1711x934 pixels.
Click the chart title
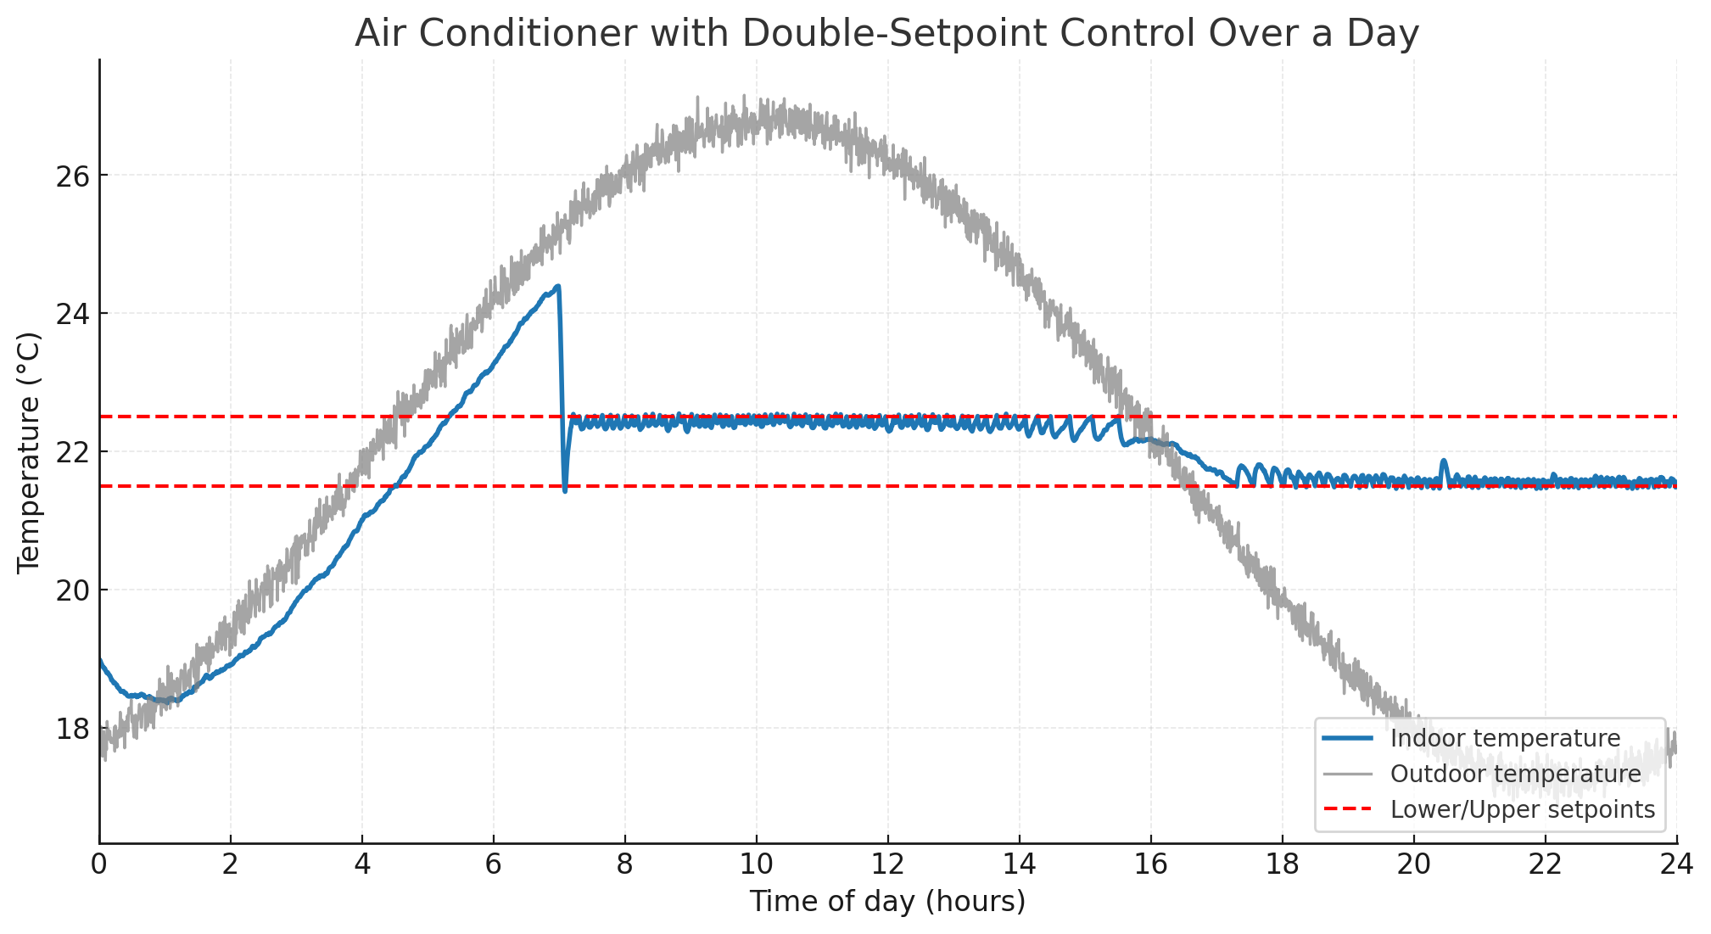point(886,34)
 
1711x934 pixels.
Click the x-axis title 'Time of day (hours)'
point(886,902)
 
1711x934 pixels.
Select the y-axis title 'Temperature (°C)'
point(29,452)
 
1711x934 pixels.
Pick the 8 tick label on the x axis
point(625,865)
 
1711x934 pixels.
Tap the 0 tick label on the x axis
point(100,865)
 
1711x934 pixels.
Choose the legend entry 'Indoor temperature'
point(1505,738)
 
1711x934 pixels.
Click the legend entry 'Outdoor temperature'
point(1515,774)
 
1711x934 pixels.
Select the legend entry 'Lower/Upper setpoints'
point(1522,809)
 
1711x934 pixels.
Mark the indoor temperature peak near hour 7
point(557,287)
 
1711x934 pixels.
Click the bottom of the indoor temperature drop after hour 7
point(565,490)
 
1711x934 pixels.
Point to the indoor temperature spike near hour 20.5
point(1444,461)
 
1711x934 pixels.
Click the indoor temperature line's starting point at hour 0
point(101,660)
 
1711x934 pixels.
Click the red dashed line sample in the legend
point(1347,809)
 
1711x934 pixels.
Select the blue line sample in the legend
point(1347,738)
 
